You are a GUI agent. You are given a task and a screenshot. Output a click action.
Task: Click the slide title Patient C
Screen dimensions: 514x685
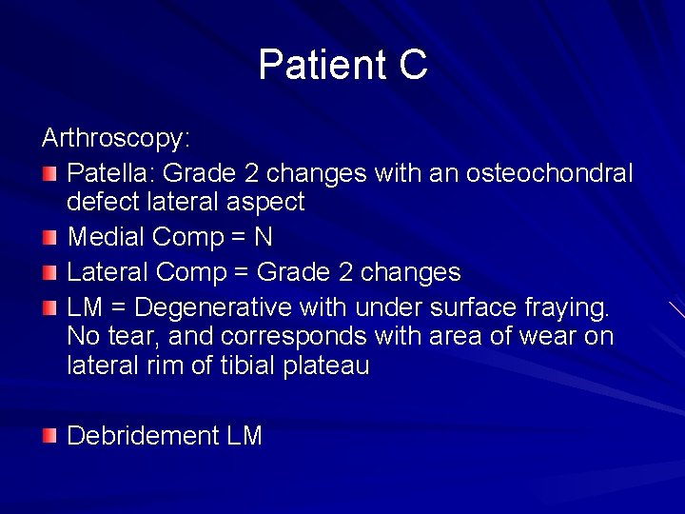(x=342, y=66)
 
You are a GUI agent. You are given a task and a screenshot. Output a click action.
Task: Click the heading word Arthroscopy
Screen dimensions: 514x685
(x=116, y=139)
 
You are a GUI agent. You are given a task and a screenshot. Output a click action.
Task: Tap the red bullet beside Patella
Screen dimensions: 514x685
(x=49, y=174)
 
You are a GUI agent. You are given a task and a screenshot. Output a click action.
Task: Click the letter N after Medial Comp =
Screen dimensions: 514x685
(x=264, y=238)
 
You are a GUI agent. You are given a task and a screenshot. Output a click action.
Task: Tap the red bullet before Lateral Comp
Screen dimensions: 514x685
(x=49, y=274)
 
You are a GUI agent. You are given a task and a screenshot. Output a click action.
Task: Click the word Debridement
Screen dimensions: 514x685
(x=143, y=436)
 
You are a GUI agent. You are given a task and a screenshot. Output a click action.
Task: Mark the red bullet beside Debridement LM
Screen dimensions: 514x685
(x=49, y=437)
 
